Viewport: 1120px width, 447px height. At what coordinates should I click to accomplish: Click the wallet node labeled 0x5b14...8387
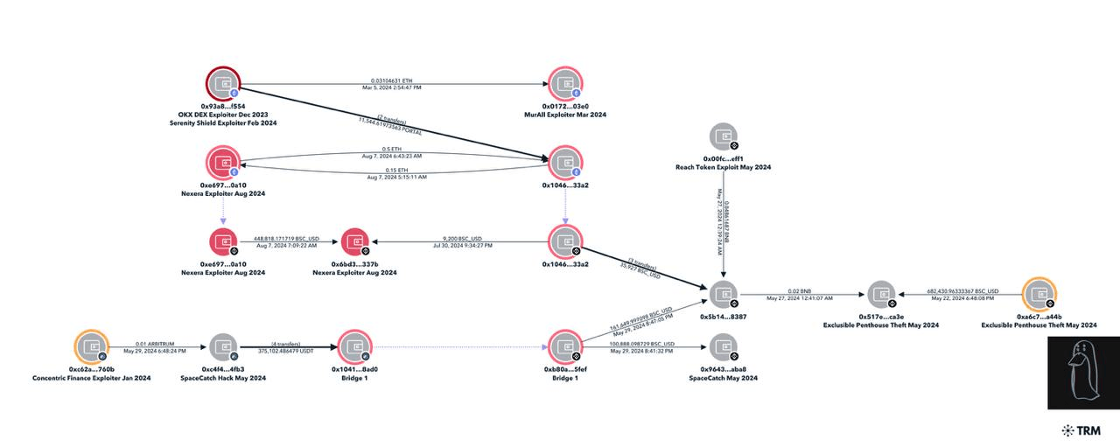(722, 294)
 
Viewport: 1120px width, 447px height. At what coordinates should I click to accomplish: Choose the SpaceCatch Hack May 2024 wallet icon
(223, 347)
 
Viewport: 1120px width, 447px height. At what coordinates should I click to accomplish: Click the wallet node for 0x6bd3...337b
(354, 242)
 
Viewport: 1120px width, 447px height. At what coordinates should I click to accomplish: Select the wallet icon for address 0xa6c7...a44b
(1038, 294)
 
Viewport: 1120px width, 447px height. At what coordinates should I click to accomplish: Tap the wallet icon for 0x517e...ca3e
(880, 294)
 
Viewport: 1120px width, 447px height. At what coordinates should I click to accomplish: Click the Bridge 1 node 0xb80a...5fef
(564, 347)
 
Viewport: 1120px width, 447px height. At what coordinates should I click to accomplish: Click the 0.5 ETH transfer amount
(391, 149)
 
